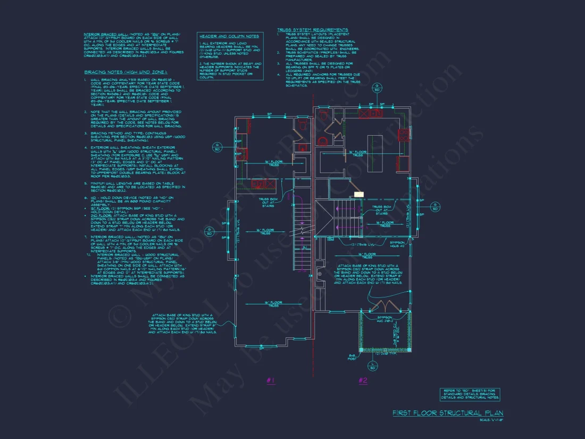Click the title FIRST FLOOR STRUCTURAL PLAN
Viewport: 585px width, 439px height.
point(448,413)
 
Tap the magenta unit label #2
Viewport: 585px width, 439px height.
point(363,380)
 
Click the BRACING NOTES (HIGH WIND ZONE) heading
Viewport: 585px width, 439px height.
point(126,72)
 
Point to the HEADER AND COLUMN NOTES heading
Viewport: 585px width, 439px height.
point(229,36)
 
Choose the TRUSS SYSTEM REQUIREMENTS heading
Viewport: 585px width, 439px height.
point(313,30)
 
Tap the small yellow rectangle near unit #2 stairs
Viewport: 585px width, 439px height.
point(359,195)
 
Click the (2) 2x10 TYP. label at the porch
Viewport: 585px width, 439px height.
point(386,353)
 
